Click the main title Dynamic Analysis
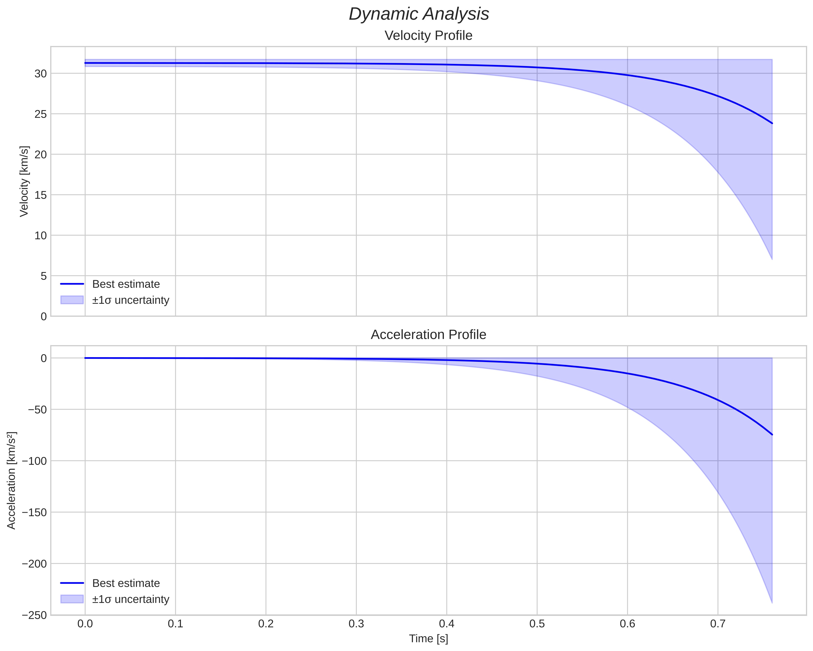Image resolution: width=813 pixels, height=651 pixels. pos(419,14)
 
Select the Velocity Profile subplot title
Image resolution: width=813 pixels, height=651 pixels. pos(428,36)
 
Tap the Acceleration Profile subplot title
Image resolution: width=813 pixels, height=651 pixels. pos(428,335)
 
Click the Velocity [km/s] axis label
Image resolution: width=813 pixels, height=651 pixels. pos(24,181)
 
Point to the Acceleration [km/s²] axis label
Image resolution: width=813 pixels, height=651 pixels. pos(12,480)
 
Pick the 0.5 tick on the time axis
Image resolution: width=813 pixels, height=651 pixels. pos(537,624)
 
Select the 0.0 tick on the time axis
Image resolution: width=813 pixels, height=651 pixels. pos(85,624)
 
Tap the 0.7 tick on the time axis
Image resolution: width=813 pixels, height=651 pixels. pos(718,624)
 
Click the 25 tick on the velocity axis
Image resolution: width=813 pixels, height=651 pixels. pos(40,114)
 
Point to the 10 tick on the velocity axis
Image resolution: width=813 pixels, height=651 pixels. pos(40,236)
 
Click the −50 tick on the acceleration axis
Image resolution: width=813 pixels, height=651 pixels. pos(37,410)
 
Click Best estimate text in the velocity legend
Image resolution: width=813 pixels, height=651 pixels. pos(126,284)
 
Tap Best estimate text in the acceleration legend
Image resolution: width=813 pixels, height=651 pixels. pos(126,583)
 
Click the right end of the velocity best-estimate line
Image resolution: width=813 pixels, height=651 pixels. pos(772,123)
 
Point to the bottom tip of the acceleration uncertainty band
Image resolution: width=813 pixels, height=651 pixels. pos(772,603)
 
